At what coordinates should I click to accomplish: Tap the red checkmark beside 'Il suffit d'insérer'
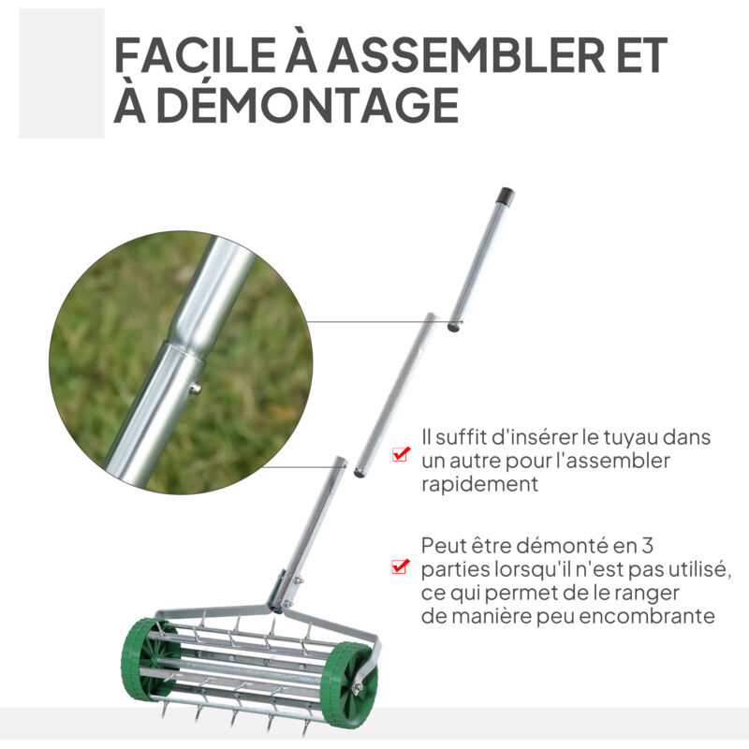[x=401, y=454]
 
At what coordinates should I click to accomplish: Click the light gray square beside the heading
[x=62, y=75]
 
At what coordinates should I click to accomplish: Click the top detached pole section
[x=479, y=260]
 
